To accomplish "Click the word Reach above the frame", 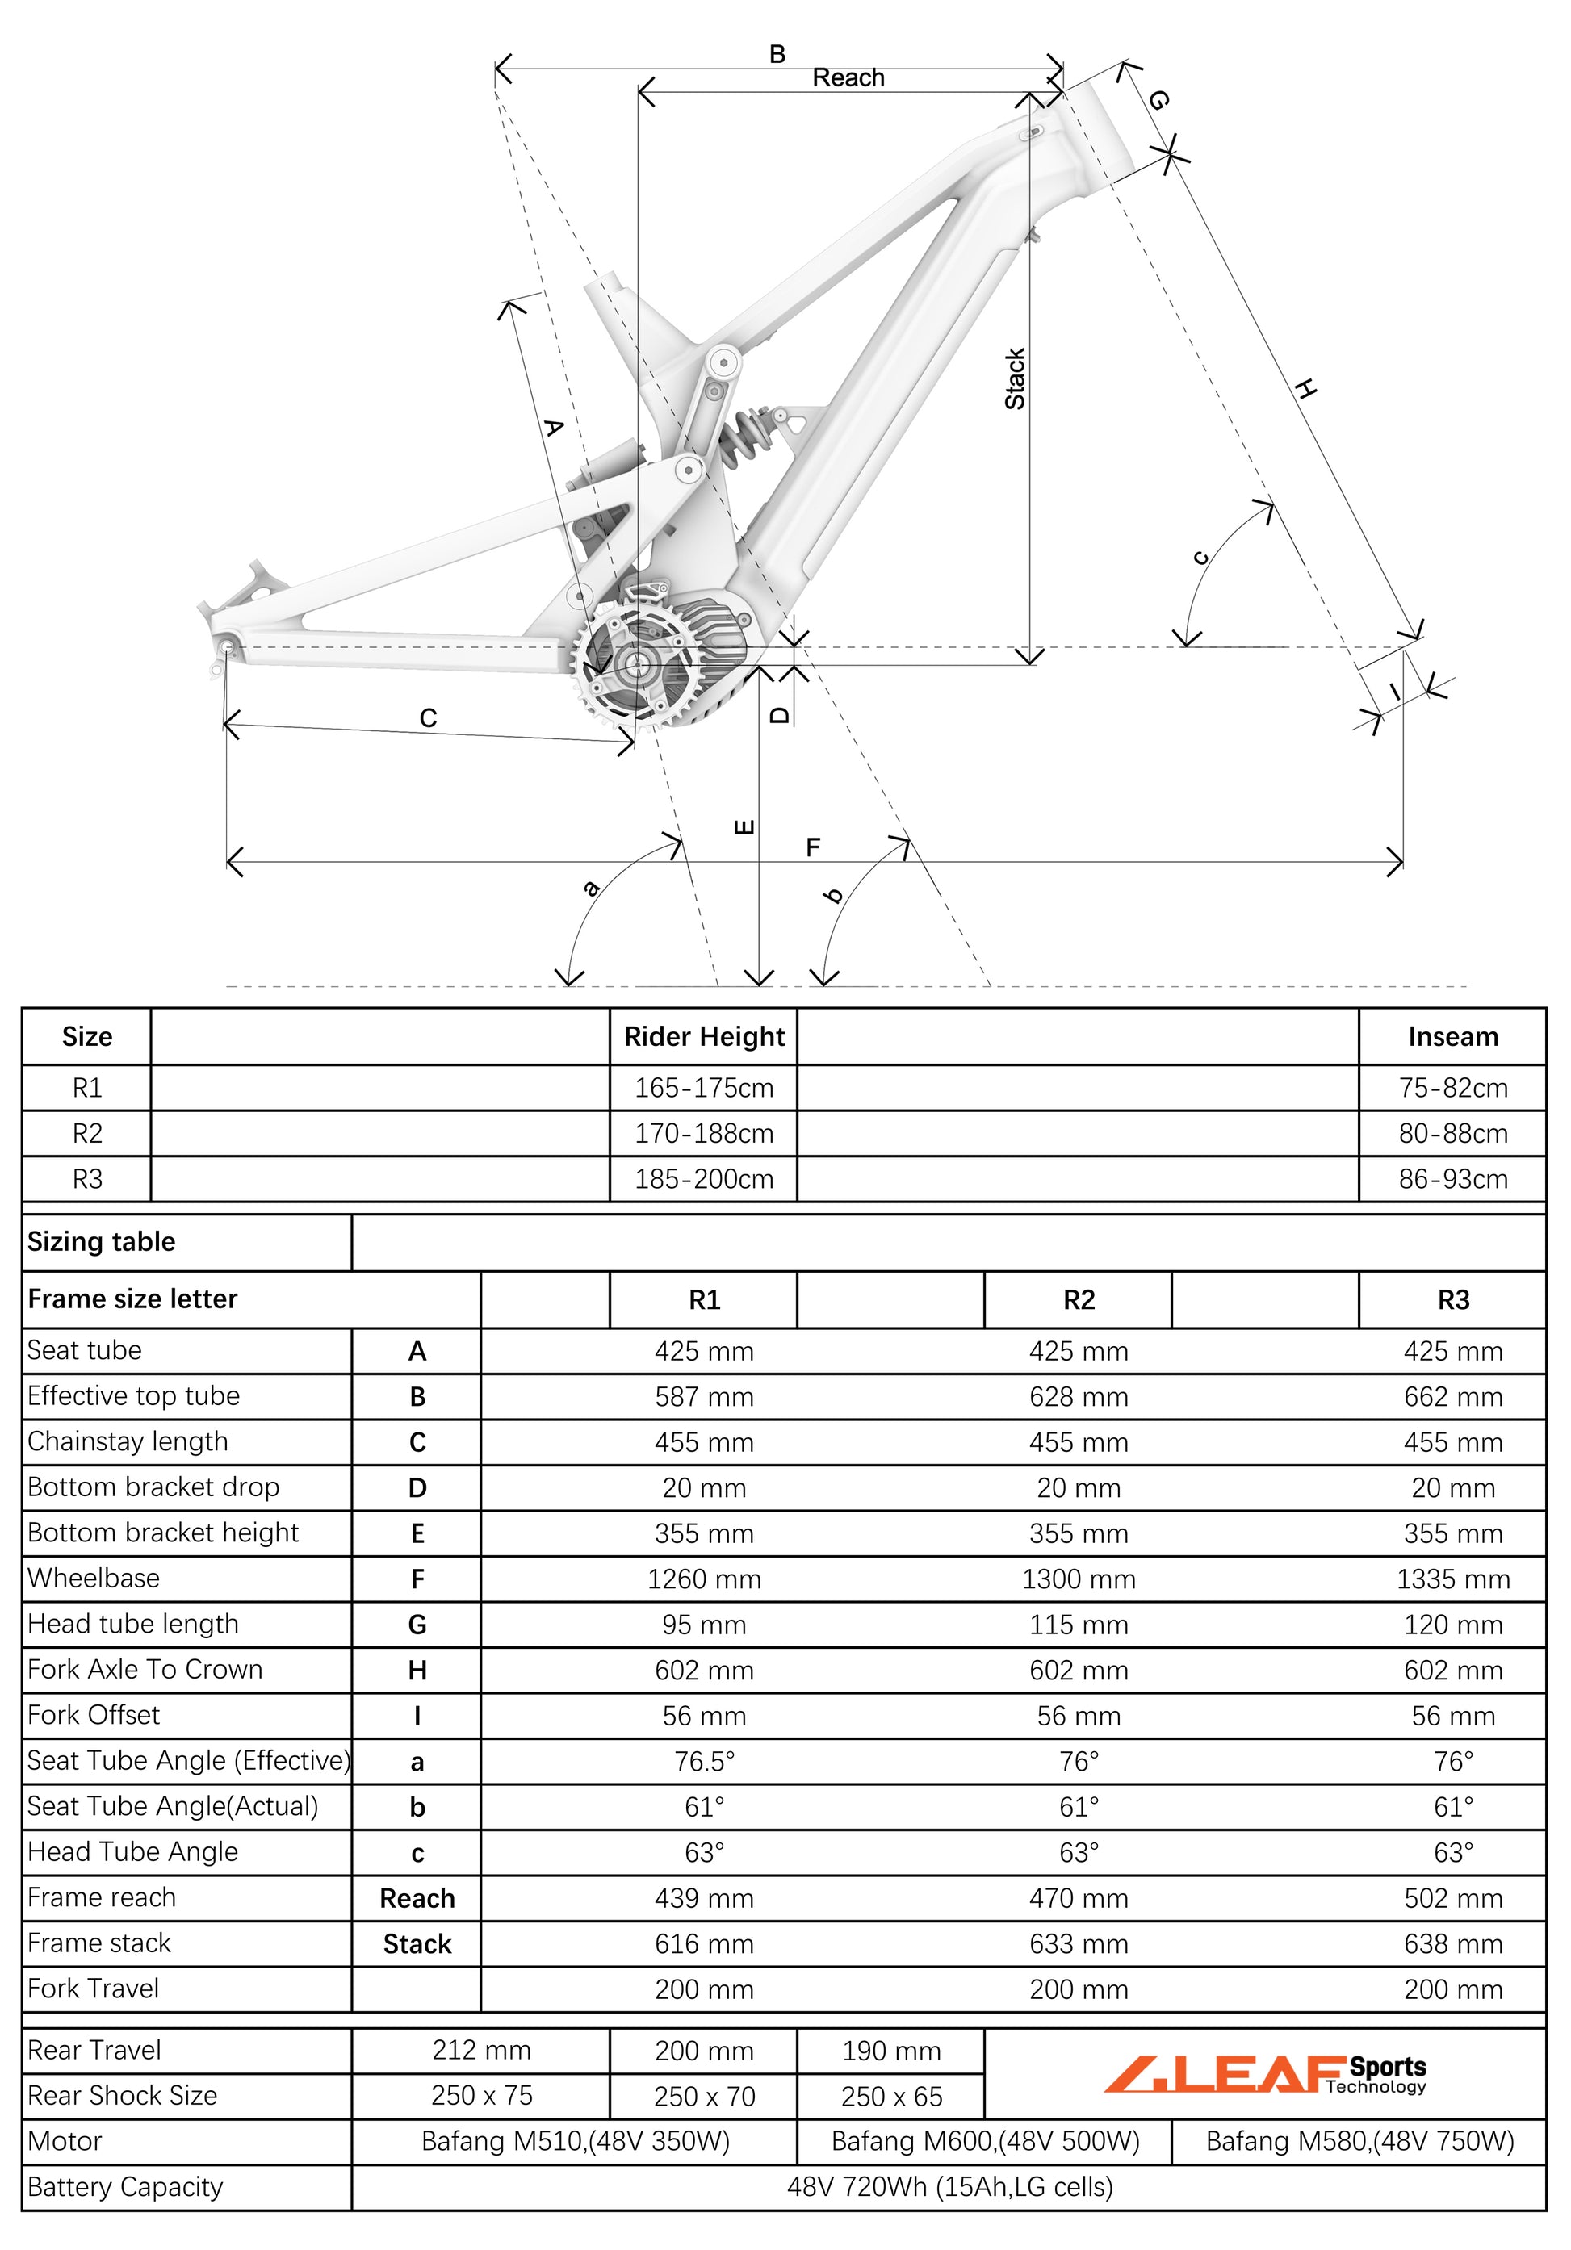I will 848,77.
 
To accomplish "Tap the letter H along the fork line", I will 1305,389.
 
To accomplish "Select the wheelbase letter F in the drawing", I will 812,847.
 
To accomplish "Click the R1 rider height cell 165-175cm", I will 704,1088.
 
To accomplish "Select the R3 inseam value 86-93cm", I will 1452,1179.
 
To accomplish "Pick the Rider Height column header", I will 704,1037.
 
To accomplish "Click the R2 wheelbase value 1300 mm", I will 1078,1579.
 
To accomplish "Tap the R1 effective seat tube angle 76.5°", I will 704,1761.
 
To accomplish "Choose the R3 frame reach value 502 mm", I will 1452,1898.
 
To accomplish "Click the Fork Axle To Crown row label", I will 145,1669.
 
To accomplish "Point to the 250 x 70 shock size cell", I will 704,2096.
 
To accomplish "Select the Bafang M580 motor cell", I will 1359,2141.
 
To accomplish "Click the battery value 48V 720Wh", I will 949,2187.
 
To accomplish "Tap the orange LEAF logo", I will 1225,2072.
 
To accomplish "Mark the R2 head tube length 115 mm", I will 1078,1625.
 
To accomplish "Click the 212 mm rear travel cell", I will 481,2050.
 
